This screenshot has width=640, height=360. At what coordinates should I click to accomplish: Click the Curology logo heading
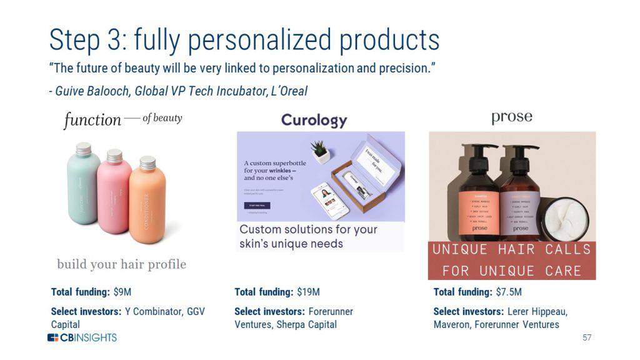[x=314, y=119]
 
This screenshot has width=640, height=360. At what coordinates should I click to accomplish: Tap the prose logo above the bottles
[x=511, y=117]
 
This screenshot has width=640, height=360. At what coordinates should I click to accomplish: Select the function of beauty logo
[x=122, y=119]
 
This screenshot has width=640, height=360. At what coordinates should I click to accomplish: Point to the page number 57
[x=586, y=337]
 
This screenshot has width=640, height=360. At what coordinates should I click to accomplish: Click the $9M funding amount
[x=122, y=292]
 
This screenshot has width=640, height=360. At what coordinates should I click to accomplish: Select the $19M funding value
[x=307, y=292]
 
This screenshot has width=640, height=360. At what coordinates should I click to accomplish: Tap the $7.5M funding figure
[x=508, y=292]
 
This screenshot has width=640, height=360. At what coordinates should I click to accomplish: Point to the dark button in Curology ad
[x=257, y=206]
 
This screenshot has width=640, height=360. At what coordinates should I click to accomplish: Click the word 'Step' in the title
[x=74, y=39]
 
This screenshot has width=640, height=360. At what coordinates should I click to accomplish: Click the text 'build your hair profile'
[x=121, y=264]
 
